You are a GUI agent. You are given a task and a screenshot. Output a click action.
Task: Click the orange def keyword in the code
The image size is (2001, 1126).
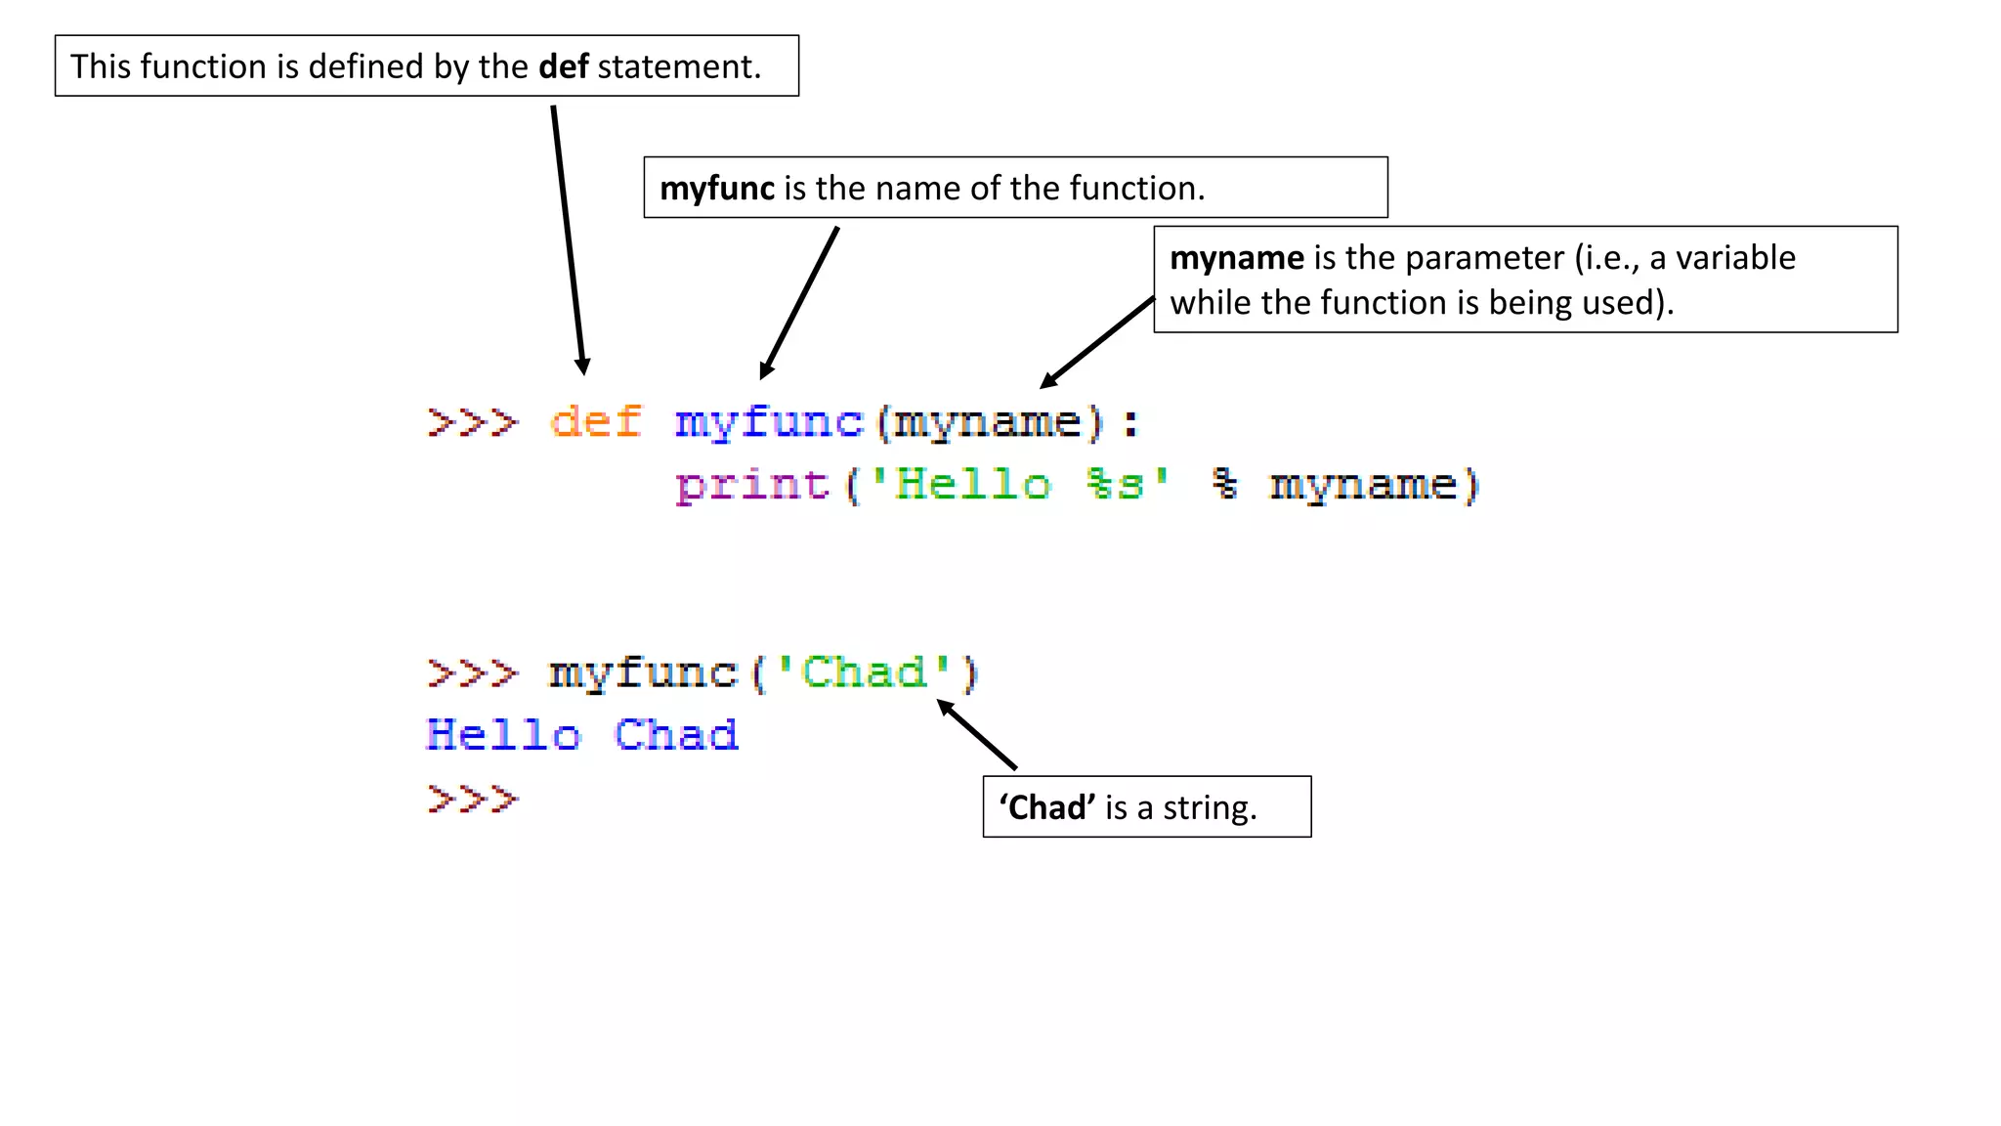click(x=596, y=422)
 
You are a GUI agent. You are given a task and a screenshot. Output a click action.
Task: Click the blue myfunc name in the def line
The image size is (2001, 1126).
click(x=769, y=422)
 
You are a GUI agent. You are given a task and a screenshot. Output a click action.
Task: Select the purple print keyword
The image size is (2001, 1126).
click(x=752, y=485)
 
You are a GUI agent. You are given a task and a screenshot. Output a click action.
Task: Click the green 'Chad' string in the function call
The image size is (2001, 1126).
click(x=864, y=672)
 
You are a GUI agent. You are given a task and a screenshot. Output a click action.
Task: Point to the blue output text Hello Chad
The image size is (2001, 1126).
click(x=582, y=735)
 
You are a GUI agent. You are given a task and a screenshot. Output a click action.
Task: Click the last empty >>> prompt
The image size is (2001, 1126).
click(x=473, y=799)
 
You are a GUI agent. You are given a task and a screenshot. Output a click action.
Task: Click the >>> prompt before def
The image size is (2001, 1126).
click(x=473, y=422)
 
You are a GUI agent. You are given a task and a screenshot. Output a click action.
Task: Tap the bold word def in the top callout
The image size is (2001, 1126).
click(x=564, y=66)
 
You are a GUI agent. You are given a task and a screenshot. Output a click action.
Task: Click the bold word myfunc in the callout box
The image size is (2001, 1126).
click(x=717, y=188)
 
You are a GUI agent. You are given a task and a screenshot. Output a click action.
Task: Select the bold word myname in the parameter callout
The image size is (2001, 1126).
click(x=1237, y=258)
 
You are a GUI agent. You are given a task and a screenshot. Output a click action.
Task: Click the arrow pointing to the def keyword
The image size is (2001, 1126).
click(x=568, y=239)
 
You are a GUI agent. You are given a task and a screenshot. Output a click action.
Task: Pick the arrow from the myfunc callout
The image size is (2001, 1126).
click(x=799, y=303)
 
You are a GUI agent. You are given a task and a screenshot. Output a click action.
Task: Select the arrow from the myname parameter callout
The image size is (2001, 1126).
click(x=1097, y=343)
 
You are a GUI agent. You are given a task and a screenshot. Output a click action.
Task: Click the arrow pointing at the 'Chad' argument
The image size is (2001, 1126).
click(x=977, y=734)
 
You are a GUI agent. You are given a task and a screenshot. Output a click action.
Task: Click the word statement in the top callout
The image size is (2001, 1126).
click(x=678, y=66)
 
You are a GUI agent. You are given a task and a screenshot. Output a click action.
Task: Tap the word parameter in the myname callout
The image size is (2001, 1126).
click(x=1484, y=258)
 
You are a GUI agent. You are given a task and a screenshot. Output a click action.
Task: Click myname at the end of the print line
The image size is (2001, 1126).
click(x=1364, y=485)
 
